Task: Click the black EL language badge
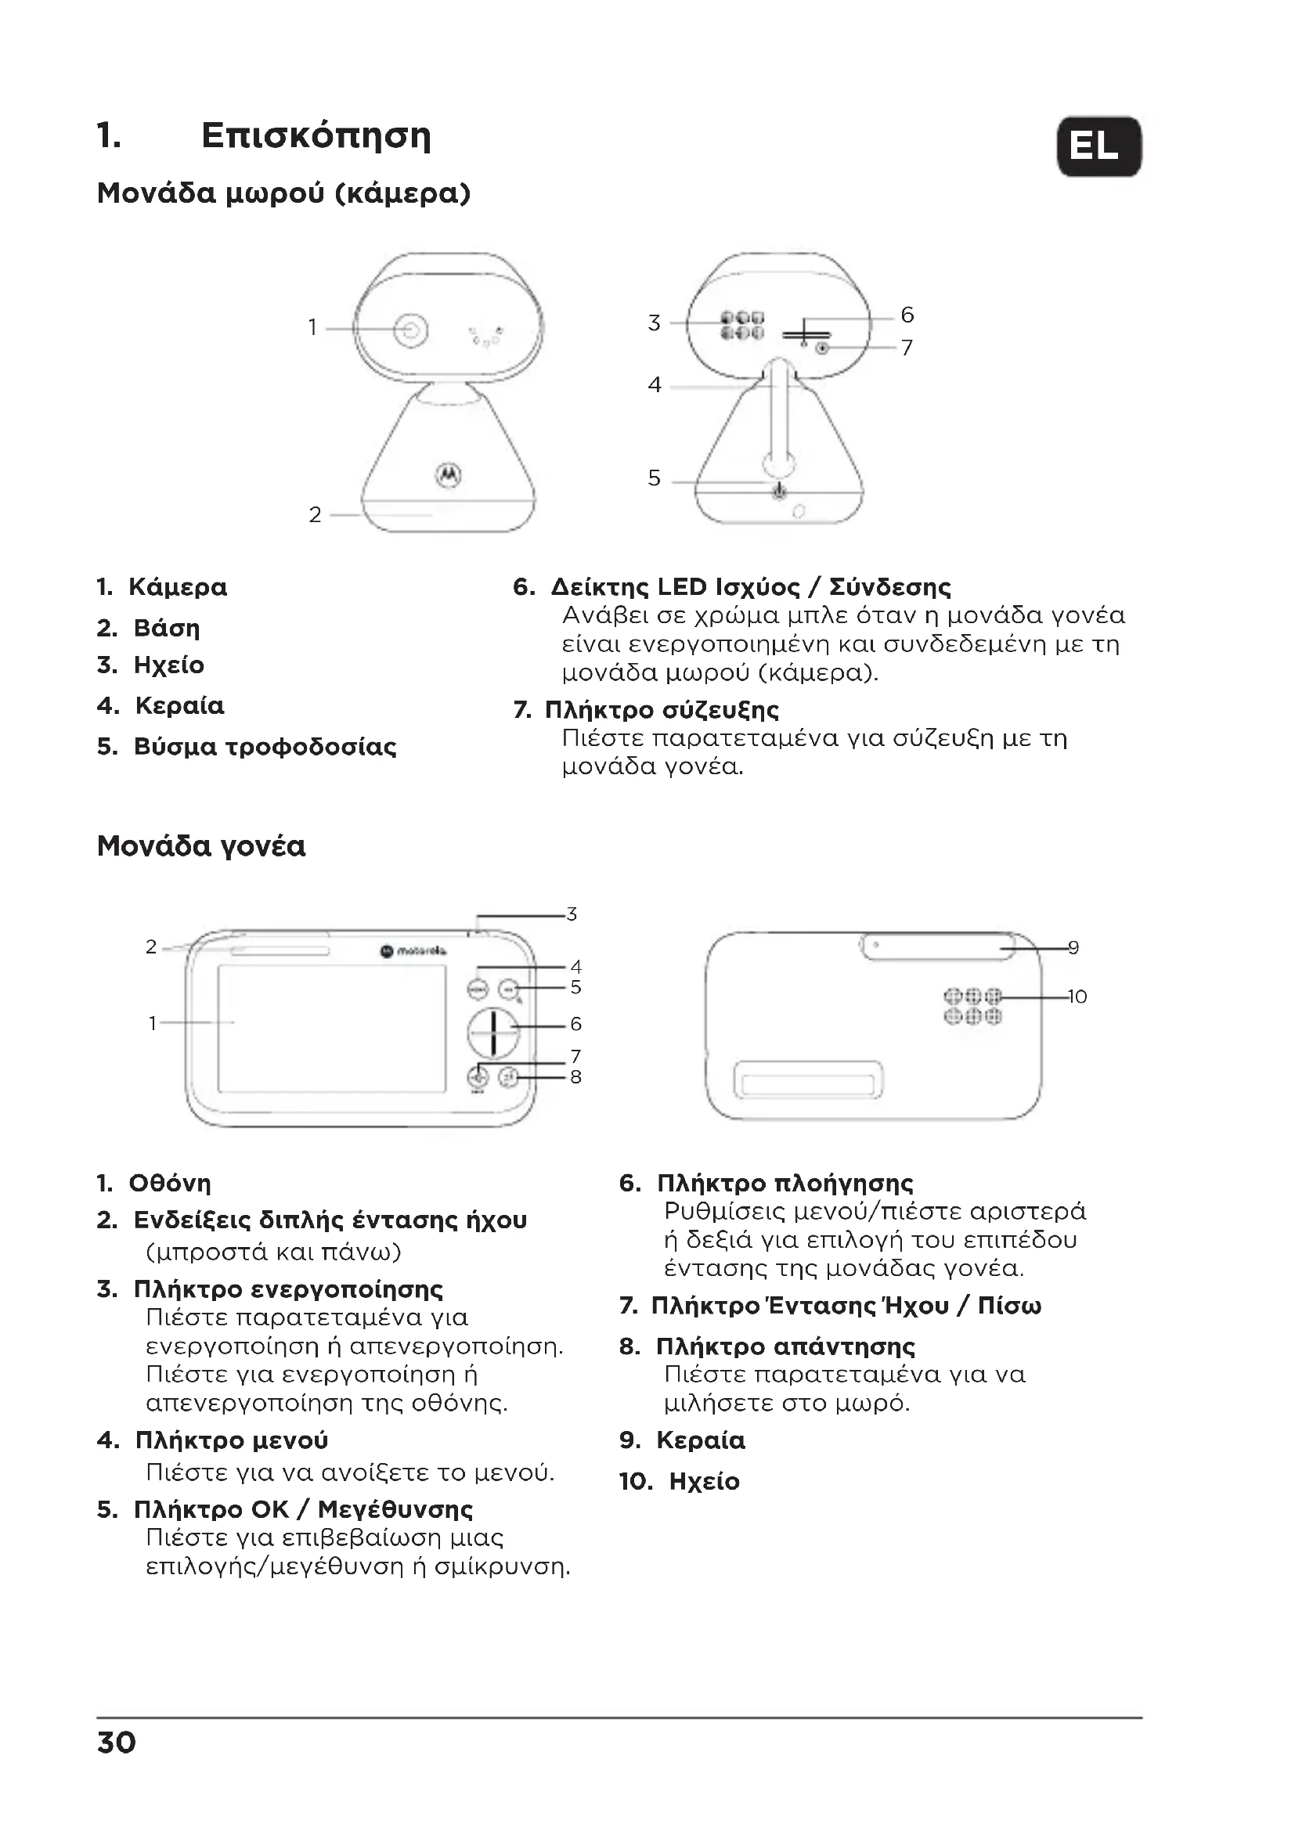click(1098, 146)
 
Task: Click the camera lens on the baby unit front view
click(411, 330)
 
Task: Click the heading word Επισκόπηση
click(316, 135)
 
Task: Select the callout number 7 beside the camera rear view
click(907, 348)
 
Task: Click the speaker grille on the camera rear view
click(741, 326)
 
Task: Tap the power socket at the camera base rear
click(779, 492)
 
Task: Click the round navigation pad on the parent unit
click(492, 1032)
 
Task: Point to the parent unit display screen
click(332, 1029)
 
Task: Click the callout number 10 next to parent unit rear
click(1077, 997)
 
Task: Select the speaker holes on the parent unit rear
click(972, 1007)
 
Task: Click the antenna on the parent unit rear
click(939, 946)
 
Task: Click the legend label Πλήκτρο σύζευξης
click(662, 710)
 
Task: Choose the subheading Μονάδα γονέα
click(201, 846)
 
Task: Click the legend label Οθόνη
click(170, 1184)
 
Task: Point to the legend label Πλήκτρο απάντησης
click(785, 1347)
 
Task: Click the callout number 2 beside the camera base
click(315, 515)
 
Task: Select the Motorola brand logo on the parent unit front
click(413, 950)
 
